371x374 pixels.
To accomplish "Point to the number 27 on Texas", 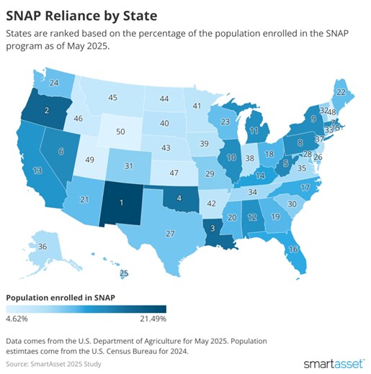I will (x=170, y=234).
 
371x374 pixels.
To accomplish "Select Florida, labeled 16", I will (x=293, y=249).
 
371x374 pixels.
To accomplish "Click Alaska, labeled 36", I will (x=43, y=247).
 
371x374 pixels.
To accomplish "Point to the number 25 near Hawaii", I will (x=124, y=273).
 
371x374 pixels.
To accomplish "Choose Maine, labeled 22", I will (x=341, y=92).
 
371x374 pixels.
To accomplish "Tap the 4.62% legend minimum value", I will (x=17, y=317).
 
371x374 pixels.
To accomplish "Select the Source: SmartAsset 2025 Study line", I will (x=54, y=363).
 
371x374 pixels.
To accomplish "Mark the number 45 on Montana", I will (x=113, y=98).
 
